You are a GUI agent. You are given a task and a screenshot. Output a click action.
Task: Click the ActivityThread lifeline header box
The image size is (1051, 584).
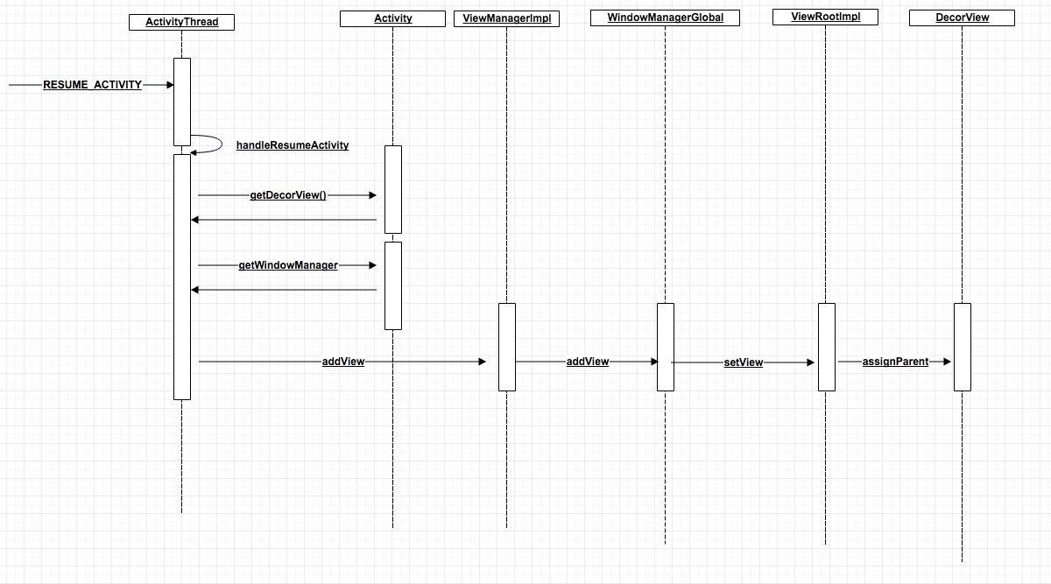click(181, 22)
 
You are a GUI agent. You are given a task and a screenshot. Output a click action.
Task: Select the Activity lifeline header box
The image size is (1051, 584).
click(392, 18)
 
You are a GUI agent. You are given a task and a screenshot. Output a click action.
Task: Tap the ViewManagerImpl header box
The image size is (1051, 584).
click(506, 18)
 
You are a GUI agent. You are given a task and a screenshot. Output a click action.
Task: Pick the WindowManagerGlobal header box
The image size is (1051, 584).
click(665, 18)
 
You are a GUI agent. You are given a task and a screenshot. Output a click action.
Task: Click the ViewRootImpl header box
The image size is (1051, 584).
click(825, 17)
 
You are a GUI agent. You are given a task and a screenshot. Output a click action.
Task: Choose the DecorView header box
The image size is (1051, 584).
click(962, 18)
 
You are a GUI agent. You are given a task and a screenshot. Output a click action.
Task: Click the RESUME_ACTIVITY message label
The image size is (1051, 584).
click(92, 85)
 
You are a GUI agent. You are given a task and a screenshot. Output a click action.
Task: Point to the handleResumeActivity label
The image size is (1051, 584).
click(293, 145)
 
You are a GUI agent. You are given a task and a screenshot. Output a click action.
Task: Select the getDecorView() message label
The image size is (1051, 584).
click(288, 195)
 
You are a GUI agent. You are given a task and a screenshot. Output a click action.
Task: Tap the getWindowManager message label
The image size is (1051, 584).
click(288, 265)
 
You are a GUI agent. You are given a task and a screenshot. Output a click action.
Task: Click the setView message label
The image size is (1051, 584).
click(743, 362)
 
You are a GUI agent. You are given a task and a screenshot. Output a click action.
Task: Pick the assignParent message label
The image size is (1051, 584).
click(895, 362)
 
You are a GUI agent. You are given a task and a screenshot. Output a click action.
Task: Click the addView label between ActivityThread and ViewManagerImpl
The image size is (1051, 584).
click(343, 362)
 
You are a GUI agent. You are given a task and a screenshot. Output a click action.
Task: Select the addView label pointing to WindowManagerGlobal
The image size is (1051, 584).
click(588, 362)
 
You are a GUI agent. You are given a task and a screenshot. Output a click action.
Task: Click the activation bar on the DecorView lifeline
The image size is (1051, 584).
click(962, 347)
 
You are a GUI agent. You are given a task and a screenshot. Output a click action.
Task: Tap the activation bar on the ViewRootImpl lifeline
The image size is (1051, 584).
click(827, 347)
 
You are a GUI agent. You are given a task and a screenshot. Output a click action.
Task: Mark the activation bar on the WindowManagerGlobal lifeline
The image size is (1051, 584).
click(666, 347)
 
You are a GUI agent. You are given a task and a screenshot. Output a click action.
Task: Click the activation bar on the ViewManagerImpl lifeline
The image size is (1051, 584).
click(507, 347)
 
